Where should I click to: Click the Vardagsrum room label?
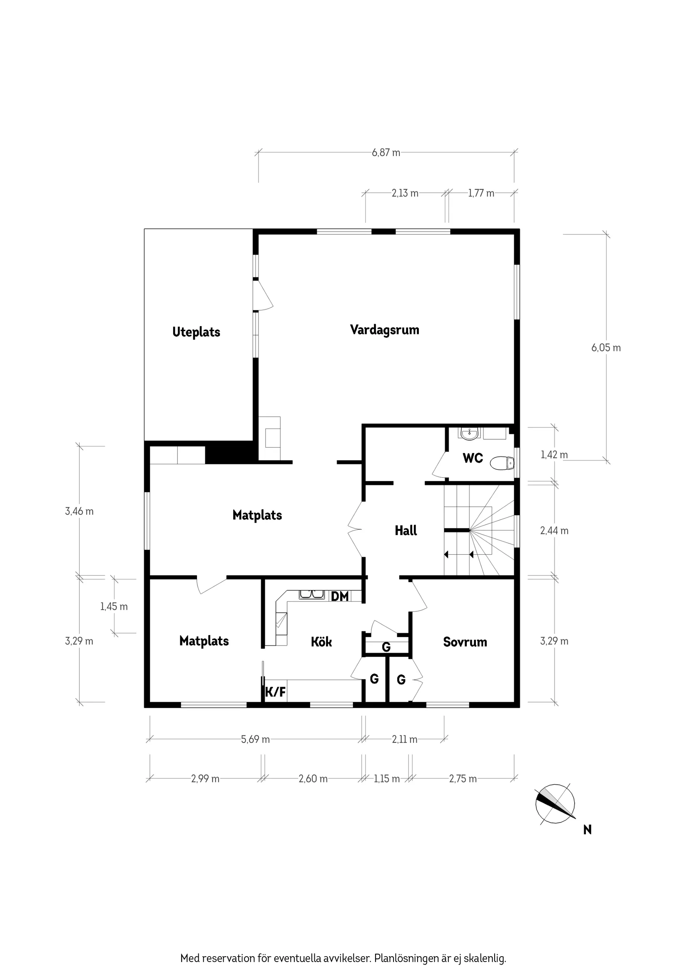pyautogui.click(x=384, y=330)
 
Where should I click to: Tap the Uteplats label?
pyautogui.click(x=196, y=332)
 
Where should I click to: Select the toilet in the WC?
pyautogui.click(x=503, y=463)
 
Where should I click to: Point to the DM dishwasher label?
pyautogui.click(x=339, y=596)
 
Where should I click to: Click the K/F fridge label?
pyautogui.click(x=275, y=692)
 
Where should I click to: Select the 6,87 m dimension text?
pyautogui.click(x=386, y=153)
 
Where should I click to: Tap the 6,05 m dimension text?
pyautogui.click(x=606, y=348)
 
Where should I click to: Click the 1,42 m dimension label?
pyautogui.click(x=554, y=455)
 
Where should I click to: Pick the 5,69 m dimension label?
pyautogui.click(x=255, y=740)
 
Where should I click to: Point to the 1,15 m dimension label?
pyautogui.click(x=386, y=779)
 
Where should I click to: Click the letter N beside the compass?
pyautogui.click(x=587, y=830)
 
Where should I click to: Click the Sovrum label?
pyautogui.click(x=465, y=642)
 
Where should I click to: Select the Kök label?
pyautogui.click(x=321, y=642)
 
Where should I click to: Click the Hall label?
pyautogui.click(x=406, y=531)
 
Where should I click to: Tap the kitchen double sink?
pyautogui.click(x=312, y=595)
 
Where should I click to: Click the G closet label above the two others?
pyautogui.click(x=386, y=647)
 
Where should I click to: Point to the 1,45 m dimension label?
pyautogui.click(x=114, y=607)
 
